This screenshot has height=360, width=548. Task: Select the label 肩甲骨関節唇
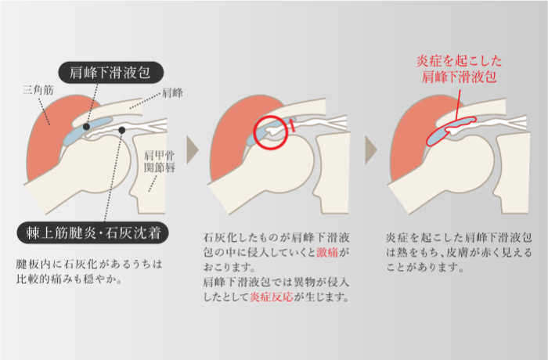point(160,163)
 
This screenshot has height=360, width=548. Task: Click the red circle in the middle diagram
point(270,132)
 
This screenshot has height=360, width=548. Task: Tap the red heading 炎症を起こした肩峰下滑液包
point(458,69)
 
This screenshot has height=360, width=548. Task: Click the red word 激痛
point(328,254)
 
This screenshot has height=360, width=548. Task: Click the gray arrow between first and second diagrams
point(193,149)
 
